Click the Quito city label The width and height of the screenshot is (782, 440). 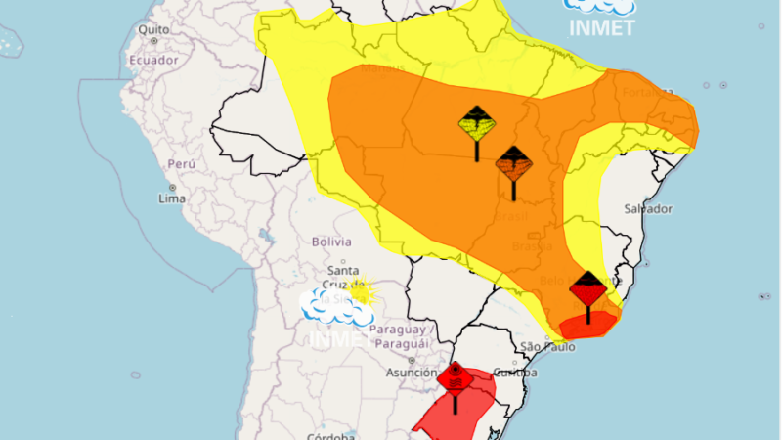(x=154, y=29)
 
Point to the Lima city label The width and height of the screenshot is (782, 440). (x=172, y=198)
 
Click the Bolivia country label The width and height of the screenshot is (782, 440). (x=330, y=242)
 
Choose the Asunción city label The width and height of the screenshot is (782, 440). (x=412, y=373)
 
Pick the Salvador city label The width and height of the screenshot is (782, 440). (x=649, y=209)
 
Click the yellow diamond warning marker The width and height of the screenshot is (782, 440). (x=477, y=124)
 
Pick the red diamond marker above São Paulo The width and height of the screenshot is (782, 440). (x=588, y=289)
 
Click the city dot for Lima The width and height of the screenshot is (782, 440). (x=172, y=186)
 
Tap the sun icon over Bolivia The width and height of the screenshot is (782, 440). (x=361, y=291)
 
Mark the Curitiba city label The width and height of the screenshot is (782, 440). (x=515, y=373)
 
